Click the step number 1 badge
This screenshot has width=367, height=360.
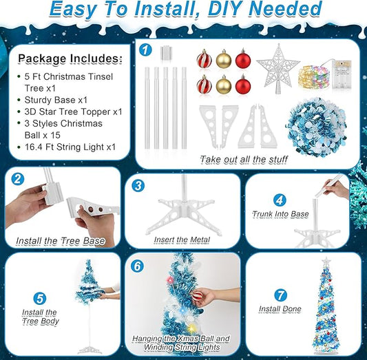point(145,50)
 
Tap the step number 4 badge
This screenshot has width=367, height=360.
point(280,200)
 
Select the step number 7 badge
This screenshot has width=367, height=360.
point(280,295)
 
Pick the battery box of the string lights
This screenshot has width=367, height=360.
point(342,74)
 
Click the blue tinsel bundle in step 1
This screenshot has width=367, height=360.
point(316,127)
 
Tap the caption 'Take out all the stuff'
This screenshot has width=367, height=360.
point(244,160)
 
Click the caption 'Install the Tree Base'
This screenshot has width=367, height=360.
point(61,241)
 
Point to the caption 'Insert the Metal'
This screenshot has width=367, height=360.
point(182,240)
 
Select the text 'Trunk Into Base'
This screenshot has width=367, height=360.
point(280,214)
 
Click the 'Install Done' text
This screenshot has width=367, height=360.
point(280,309)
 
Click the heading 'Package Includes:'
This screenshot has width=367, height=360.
point(70,59)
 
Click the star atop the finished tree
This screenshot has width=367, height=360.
point(326,261)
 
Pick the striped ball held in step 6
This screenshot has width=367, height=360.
point(197,297)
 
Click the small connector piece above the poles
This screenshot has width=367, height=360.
point(166,52)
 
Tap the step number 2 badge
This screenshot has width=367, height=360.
point(18,179)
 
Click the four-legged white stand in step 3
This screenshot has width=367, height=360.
point(183,215)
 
